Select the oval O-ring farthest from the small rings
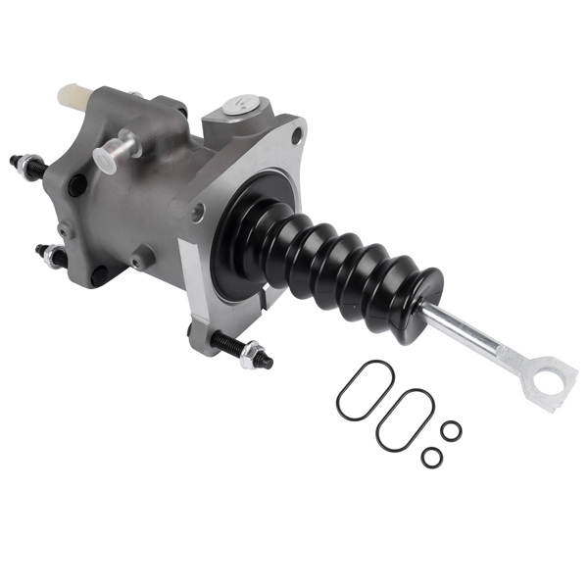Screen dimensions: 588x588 [365, 389]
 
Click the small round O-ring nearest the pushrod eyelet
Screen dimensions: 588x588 [451, 430]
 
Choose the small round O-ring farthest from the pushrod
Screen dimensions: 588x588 [431, 457]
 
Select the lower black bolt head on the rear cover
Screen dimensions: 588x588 [99, 275]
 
